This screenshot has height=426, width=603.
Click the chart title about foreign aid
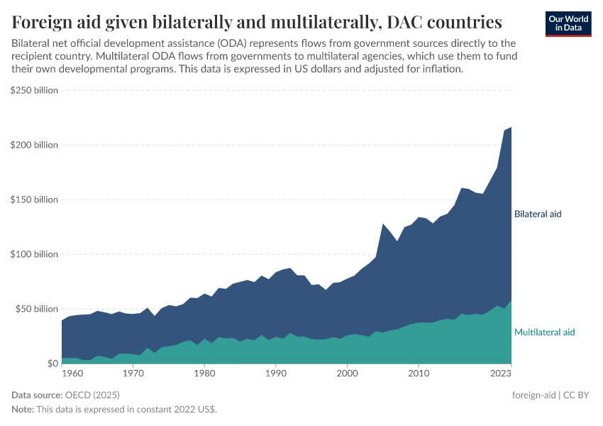click(x=257, y=21)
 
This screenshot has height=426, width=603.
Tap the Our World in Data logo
click(x=568, y=23)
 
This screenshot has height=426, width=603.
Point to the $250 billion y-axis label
click(x=34, y=90)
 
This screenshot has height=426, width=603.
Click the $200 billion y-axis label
click(x=34, y=145)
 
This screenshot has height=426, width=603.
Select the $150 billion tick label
click(x=34, y=200)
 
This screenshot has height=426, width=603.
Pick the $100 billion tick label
click(x=34, y=254)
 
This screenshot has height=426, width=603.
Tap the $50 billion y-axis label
click(x=36, y=309)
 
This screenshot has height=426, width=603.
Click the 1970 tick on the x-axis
click(x=133, y=373)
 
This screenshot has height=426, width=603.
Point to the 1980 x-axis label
click(x=204, y=373)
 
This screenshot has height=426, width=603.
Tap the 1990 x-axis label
click(x=275, y=373)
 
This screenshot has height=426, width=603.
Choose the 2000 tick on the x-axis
click(x=347, y=373)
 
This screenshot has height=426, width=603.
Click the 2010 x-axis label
click(x=419, y=373)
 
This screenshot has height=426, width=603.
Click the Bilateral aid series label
click(x=538, y=214)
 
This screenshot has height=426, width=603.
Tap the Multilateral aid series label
click(x=544, y=332)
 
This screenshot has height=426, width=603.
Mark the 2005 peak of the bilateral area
click(x=383, y=224)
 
